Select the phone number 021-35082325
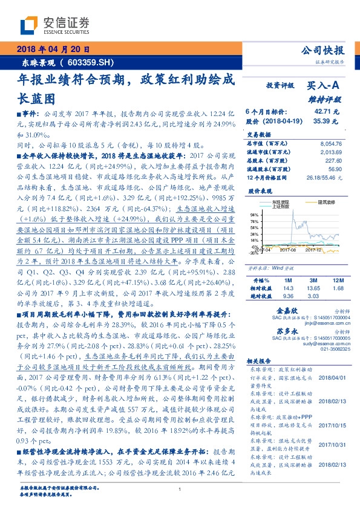[287, 348]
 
